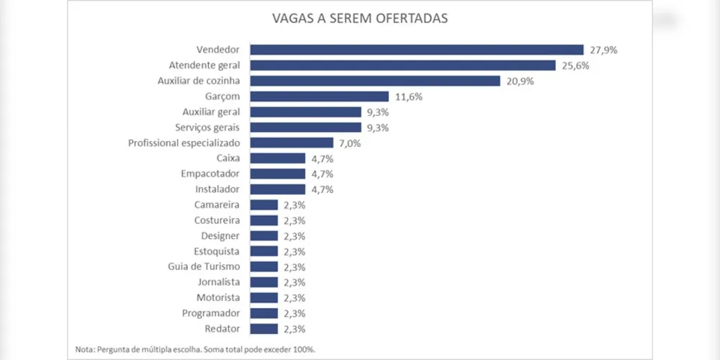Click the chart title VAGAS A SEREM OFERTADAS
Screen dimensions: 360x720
coord(359,18)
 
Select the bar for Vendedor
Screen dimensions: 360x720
coord(416,50)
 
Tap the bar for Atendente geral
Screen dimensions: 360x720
coord(403,66)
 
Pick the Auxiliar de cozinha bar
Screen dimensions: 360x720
coord(374,81)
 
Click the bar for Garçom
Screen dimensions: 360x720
coord(319,96)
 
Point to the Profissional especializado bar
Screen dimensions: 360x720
coord(292,143)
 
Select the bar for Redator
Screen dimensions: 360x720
coord(264,329)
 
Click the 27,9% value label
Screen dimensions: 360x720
coord(603,50)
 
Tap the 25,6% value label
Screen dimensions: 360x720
coord(575,66)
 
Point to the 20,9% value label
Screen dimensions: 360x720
coord(520,81)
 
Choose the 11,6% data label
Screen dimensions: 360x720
coord(408,96)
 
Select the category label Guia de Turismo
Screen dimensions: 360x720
coord(209,266)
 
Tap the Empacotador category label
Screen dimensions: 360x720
coord(211,174)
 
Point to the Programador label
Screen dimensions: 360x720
coord(212,313)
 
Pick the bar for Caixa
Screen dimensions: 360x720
coord(277,158)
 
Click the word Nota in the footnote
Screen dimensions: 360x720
coord(84,350)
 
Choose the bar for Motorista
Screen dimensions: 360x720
coord(264,297)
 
